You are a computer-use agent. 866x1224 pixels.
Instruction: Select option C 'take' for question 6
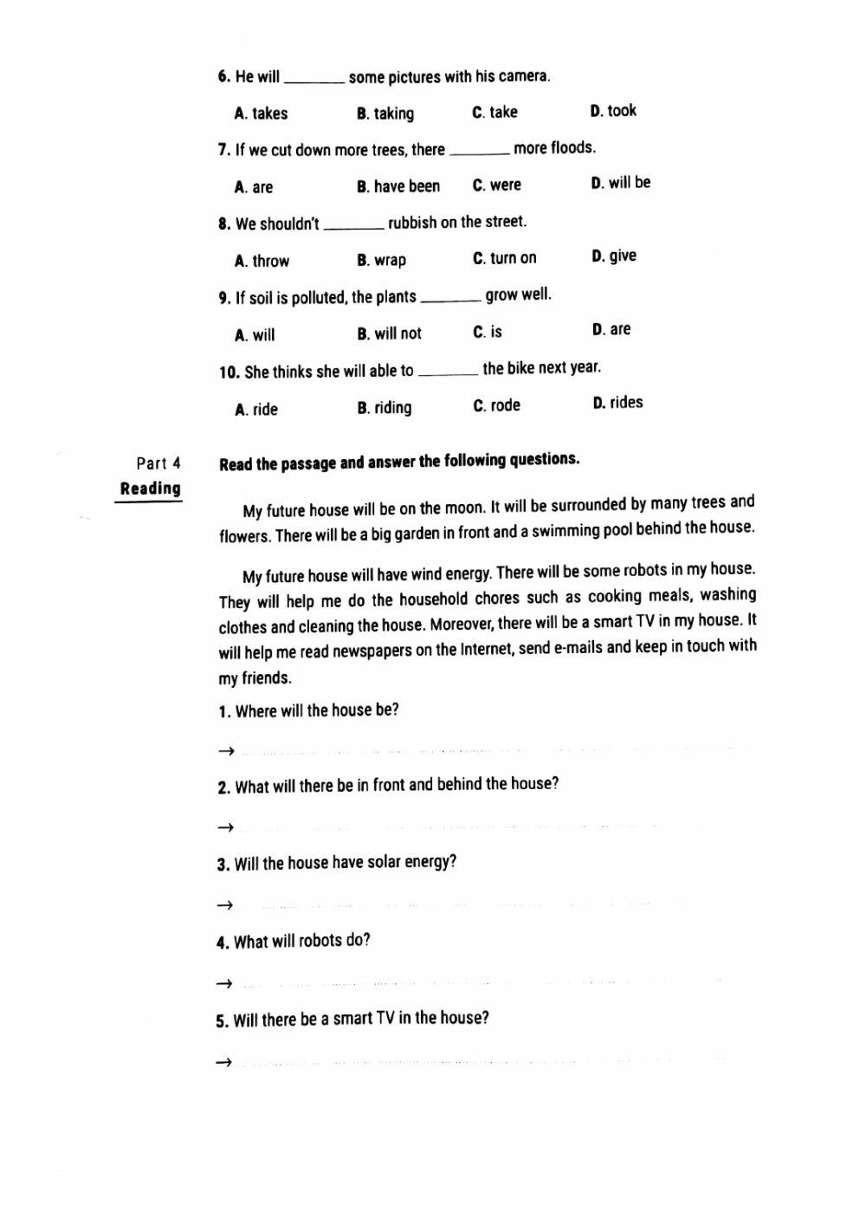[x=494, y=113]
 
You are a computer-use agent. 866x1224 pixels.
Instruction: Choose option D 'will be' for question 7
[x=620, y=183]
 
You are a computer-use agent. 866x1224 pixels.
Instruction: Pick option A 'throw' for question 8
[x=262, y=261]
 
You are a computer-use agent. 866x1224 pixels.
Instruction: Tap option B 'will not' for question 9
[x=389, y=334]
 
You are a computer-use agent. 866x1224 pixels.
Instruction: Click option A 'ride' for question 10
[x=256, y=410]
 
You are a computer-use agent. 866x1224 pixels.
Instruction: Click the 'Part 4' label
[x=158, y=463]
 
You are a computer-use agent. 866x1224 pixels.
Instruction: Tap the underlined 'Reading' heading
[x=151, y=489]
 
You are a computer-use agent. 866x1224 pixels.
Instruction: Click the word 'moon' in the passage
[x=463, y=508]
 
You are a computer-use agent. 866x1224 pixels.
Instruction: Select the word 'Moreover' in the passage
[x=462, y=624]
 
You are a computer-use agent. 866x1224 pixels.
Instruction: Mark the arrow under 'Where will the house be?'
[x=225, y=751]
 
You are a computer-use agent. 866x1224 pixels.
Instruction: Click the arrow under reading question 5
[x=223, y=1062]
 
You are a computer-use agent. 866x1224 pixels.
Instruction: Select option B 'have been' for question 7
[x=398, y=186]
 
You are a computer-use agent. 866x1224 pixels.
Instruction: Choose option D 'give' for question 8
[x=614, y=256]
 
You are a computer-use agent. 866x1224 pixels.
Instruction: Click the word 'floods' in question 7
[x=572, y=148]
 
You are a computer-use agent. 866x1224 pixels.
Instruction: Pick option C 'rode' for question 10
[x=496, y=406]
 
